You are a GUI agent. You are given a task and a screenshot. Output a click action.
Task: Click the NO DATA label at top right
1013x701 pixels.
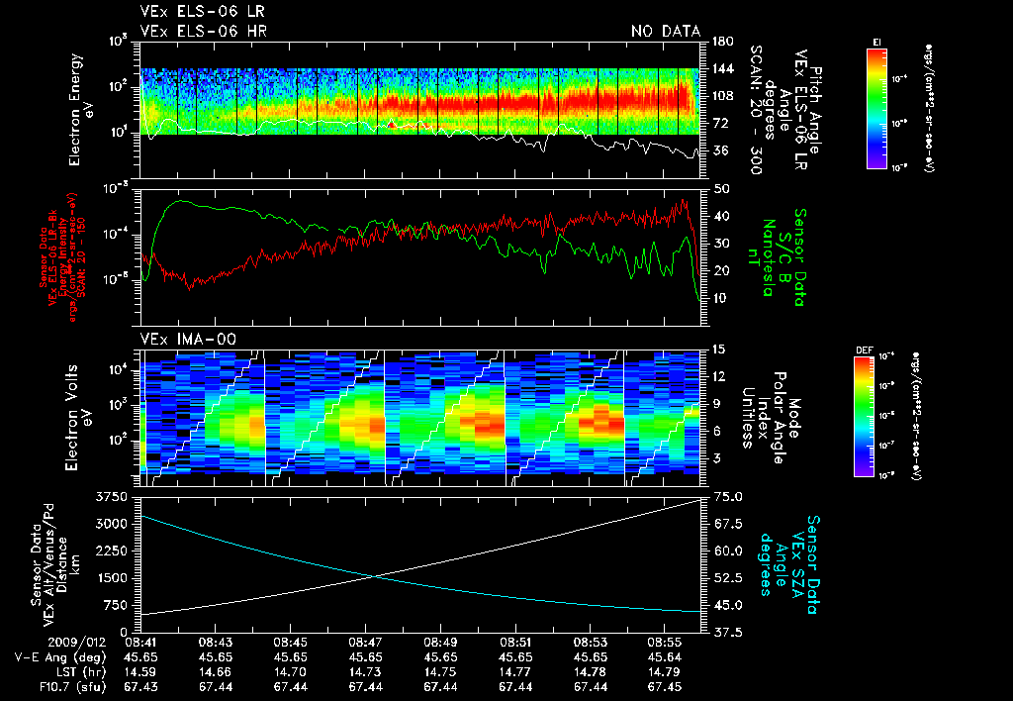[666, 32]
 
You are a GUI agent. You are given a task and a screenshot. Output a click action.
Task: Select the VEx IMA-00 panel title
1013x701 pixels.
[185, 339]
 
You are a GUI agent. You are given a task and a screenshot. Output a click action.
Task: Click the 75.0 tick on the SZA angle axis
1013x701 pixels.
[729, 495]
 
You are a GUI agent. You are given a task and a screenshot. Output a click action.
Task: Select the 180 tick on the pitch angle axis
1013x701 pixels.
[721, 41]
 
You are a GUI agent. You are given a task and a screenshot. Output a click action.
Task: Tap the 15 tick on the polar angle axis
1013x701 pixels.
[719, 349]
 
